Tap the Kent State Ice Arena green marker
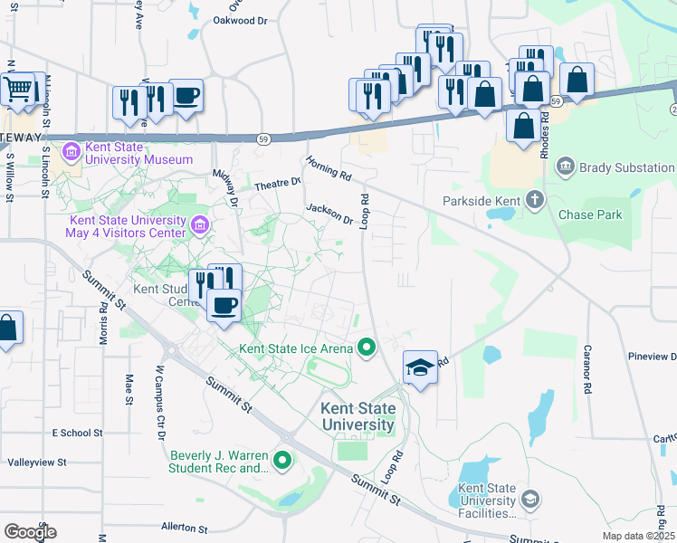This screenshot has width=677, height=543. (367, 348)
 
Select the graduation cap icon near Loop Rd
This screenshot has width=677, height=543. (420, 367)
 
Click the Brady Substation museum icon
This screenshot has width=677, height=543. (566, 167)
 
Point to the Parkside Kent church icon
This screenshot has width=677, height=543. (535, 200)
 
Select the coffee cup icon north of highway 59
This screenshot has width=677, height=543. (186, 96)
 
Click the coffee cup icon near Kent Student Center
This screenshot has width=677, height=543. (224, 304)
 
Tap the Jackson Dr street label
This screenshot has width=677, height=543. (329, 213)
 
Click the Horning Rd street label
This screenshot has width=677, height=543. (328, 165)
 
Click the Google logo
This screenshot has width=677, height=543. (30, 531)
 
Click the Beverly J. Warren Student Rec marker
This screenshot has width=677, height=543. (282, 462)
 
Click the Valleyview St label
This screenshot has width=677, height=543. (37, 462)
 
